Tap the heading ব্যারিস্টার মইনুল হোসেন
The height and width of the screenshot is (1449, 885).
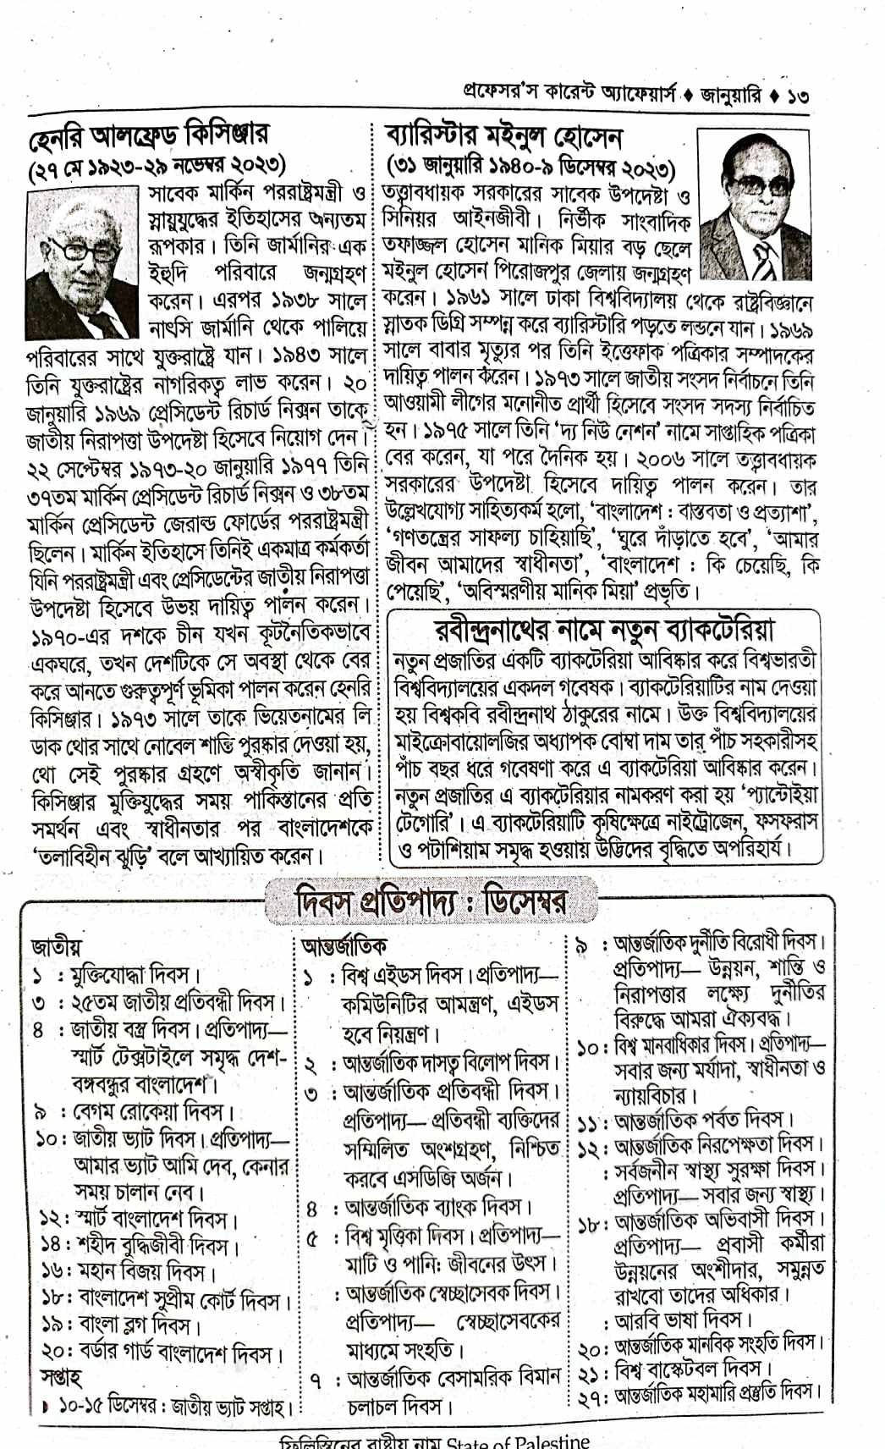pyautogui.click(x=505, y=136)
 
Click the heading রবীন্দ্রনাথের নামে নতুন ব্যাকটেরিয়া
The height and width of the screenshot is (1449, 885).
pyautogui.click(x=604, y=631)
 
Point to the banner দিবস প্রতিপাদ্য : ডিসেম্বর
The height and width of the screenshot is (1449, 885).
pyautogui.click(x=432, y=901)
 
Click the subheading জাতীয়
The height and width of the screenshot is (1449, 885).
pyautogui.click(x=57, y=945)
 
